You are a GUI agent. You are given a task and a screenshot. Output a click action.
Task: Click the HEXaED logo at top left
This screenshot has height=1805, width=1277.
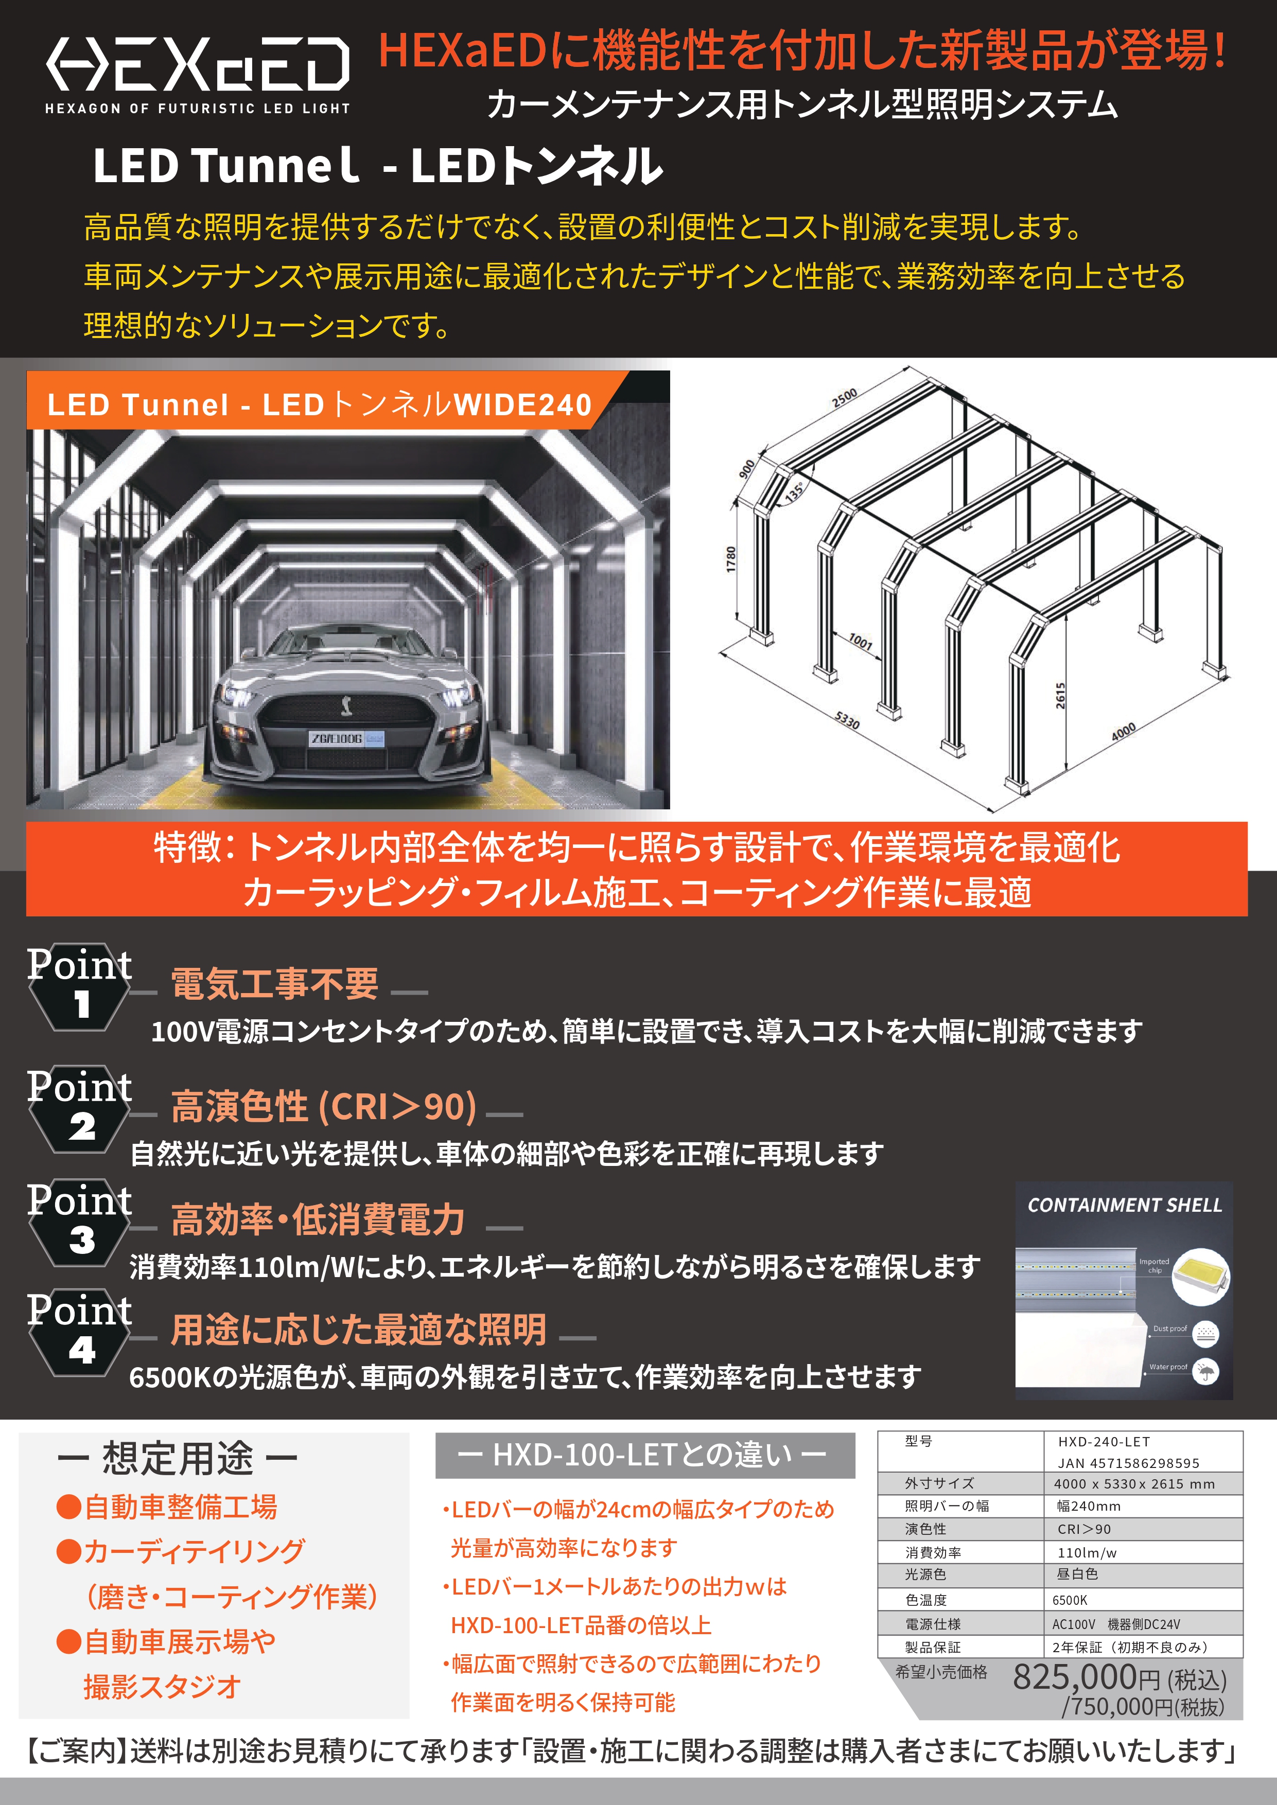click(197, 75)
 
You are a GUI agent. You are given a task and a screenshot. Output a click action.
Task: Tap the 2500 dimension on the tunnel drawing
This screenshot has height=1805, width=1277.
click(845, 398)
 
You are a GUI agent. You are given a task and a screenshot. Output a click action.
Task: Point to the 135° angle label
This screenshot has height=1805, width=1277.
click(794, 490)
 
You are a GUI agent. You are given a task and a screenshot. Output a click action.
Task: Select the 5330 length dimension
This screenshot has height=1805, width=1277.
click(847, 719)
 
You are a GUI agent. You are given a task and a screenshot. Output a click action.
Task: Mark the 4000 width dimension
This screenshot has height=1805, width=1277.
click(1123, 731)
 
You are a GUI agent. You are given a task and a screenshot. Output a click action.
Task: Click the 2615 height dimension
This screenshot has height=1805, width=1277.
click(1060, 696)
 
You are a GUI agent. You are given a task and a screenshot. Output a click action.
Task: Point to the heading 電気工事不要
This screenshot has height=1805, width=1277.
click(274, 983)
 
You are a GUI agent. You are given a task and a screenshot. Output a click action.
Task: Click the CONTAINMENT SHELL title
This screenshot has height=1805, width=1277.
click(1125, 1205)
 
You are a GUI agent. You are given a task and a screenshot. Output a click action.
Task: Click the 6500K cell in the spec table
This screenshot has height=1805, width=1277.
click(1070, 1600)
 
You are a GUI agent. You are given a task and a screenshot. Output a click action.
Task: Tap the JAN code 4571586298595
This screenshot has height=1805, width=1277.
click(1128, 1463)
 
